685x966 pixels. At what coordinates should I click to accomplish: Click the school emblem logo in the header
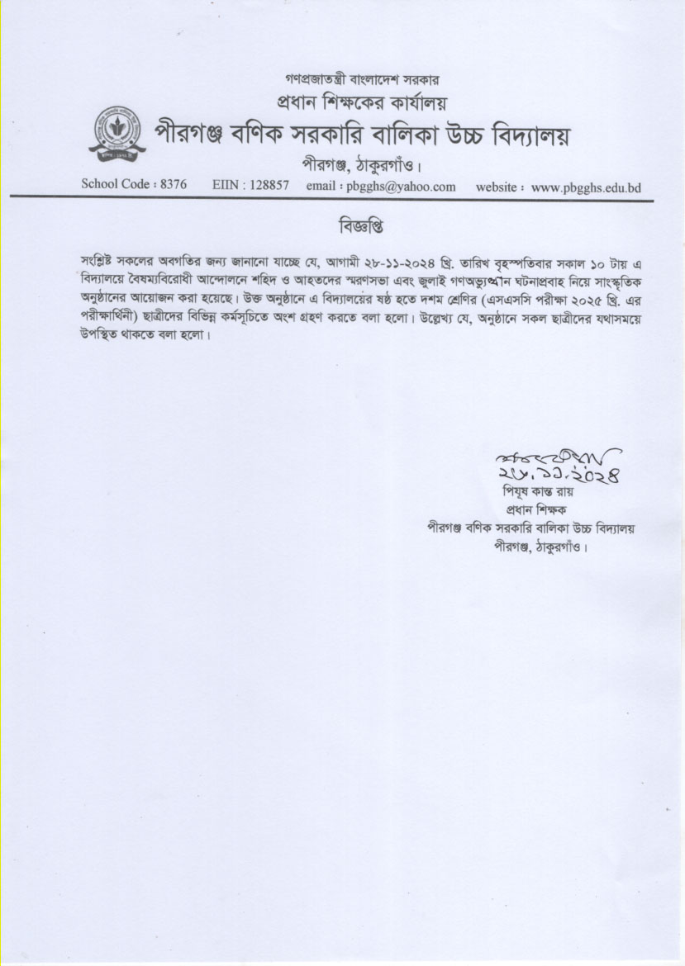pyautogui.click(x=117, y=133)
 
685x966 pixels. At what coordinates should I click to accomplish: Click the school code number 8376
pyautogui.click(x=171, y=185)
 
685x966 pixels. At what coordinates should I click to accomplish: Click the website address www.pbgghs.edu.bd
pyautogui.click(x=587, y=187)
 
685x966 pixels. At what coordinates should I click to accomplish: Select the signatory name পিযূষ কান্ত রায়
pyautogui.click(x=537, y=493)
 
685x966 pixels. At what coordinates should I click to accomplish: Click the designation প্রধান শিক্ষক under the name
pyautogui.click(x=537, y=510)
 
